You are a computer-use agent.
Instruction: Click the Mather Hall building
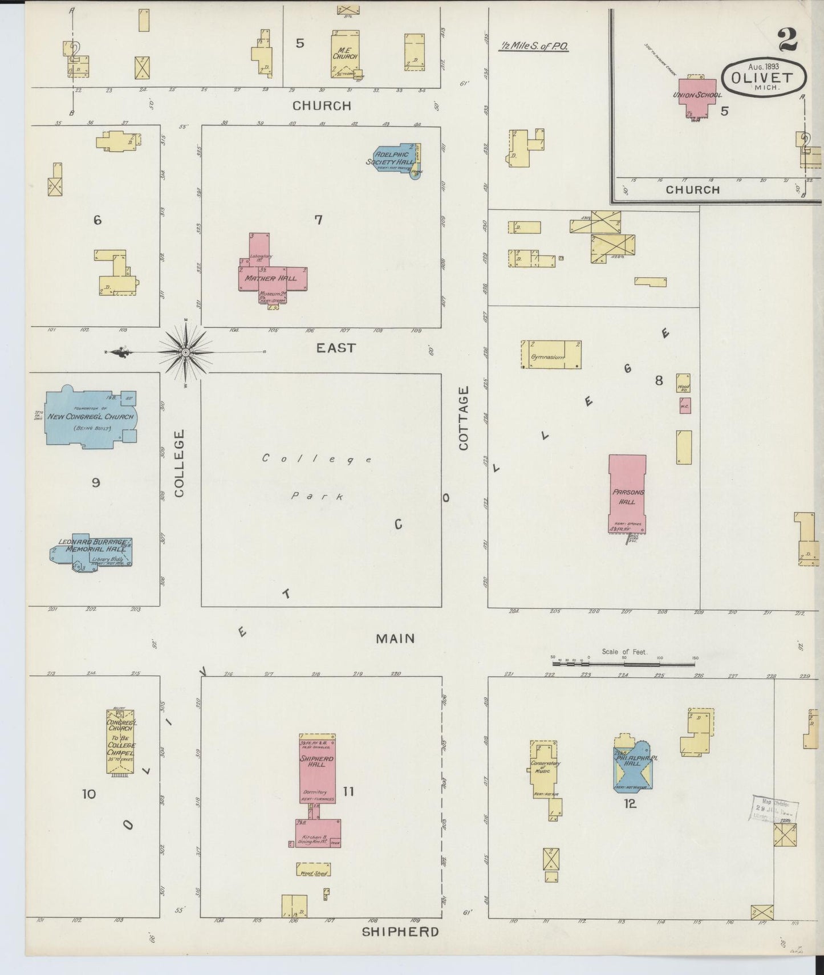point(271,278)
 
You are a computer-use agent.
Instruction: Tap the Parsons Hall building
point(627,494)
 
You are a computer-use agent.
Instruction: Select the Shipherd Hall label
point(316,762)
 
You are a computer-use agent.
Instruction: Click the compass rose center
point(186,353)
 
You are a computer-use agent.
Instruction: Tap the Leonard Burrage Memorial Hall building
point(91,551)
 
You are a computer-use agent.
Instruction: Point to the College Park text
point(318,477)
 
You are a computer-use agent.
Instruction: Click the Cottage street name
point(463,418)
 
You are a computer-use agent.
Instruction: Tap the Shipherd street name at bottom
point(400,932)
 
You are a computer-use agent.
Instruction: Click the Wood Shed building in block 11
point(313,869)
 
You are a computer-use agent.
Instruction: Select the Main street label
point(395,639)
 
